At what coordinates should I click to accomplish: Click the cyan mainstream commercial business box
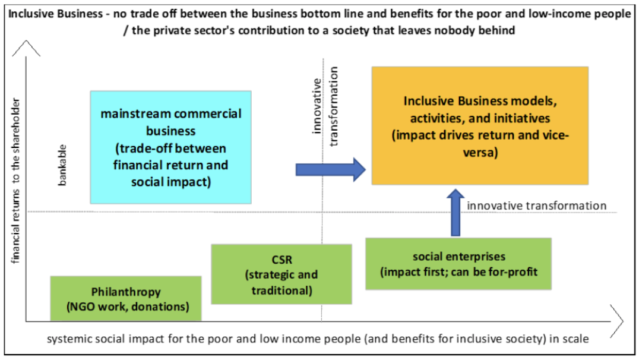coord(170,147)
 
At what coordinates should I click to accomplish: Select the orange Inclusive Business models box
coord(480,125)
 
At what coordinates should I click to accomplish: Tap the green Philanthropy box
coord(126,299)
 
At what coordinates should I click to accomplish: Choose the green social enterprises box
coord(458,264)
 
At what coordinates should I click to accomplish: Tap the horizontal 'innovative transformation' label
coord(537,206)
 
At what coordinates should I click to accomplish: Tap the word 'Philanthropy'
coord(126,292)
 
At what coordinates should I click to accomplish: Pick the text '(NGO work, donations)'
coord(126,307)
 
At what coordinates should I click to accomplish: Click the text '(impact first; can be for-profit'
coord(459,271)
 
